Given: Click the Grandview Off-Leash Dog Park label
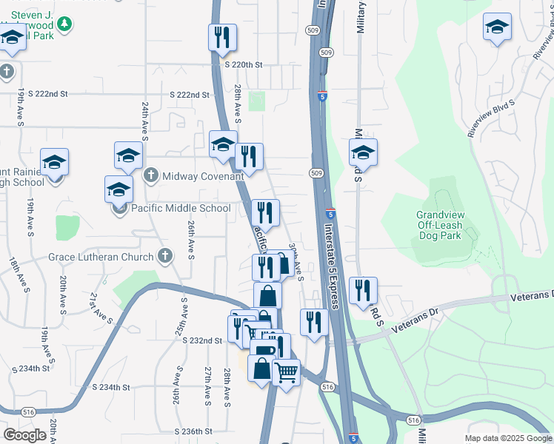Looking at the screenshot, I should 438,225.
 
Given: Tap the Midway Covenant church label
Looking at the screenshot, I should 193,176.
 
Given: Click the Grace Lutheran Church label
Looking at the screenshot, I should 110,257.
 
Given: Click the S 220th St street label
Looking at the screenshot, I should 244,65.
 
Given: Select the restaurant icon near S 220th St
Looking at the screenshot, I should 222,38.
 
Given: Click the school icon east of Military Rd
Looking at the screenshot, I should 363,152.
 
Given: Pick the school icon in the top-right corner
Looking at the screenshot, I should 497,27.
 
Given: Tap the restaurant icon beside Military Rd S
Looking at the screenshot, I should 362,290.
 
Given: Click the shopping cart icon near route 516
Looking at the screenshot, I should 286,371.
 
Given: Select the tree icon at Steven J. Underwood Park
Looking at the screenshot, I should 64,24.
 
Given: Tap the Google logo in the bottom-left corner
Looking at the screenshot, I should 24,435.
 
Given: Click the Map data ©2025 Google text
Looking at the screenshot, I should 507,438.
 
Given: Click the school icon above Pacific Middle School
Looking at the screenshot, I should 128,155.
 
